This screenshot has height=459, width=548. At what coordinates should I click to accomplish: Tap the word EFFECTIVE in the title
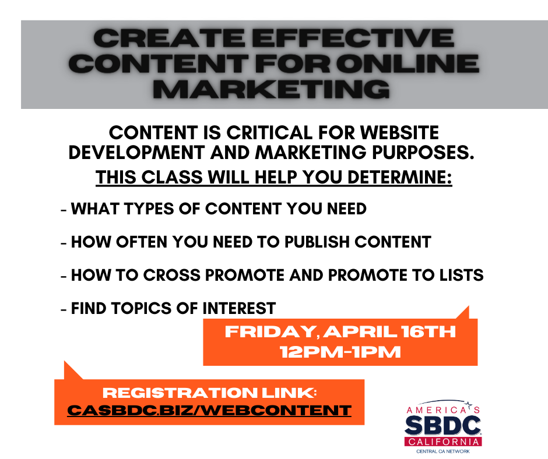point(353,38)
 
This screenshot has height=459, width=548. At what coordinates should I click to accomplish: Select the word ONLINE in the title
point(408,63)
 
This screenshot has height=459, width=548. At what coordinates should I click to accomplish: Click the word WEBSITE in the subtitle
point(399,133)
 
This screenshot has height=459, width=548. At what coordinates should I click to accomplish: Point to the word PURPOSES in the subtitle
point(423,152)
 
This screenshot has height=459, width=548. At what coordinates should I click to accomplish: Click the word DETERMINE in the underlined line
point(399,177)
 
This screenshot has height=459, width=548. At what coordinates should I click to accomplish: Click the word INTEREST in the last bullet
point(239,309)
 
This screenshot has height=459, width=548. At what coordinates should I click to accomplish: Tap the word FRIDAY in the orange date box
point(271,331)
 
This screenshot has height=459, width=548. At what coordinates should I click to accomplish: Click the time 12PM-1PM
point(340,352)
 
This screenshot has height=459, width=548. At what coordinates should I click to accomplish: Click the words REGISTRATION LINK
point(210,393)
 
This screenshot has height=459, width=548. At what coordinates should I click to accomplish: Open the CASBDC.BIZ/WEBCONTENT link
point(209,410)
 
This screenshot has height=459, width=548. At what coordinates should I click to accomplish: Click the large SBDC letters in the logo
point(443,425)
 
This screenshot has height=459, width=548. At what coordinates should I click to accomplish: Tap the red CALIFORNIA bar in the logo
point(443,442)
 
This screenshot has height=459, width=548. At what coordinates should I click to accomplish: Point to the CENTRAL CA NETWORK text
point(443,451)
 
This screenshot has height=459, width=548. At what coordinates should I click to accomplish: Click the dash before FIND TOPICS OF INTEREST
point(64,309)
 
